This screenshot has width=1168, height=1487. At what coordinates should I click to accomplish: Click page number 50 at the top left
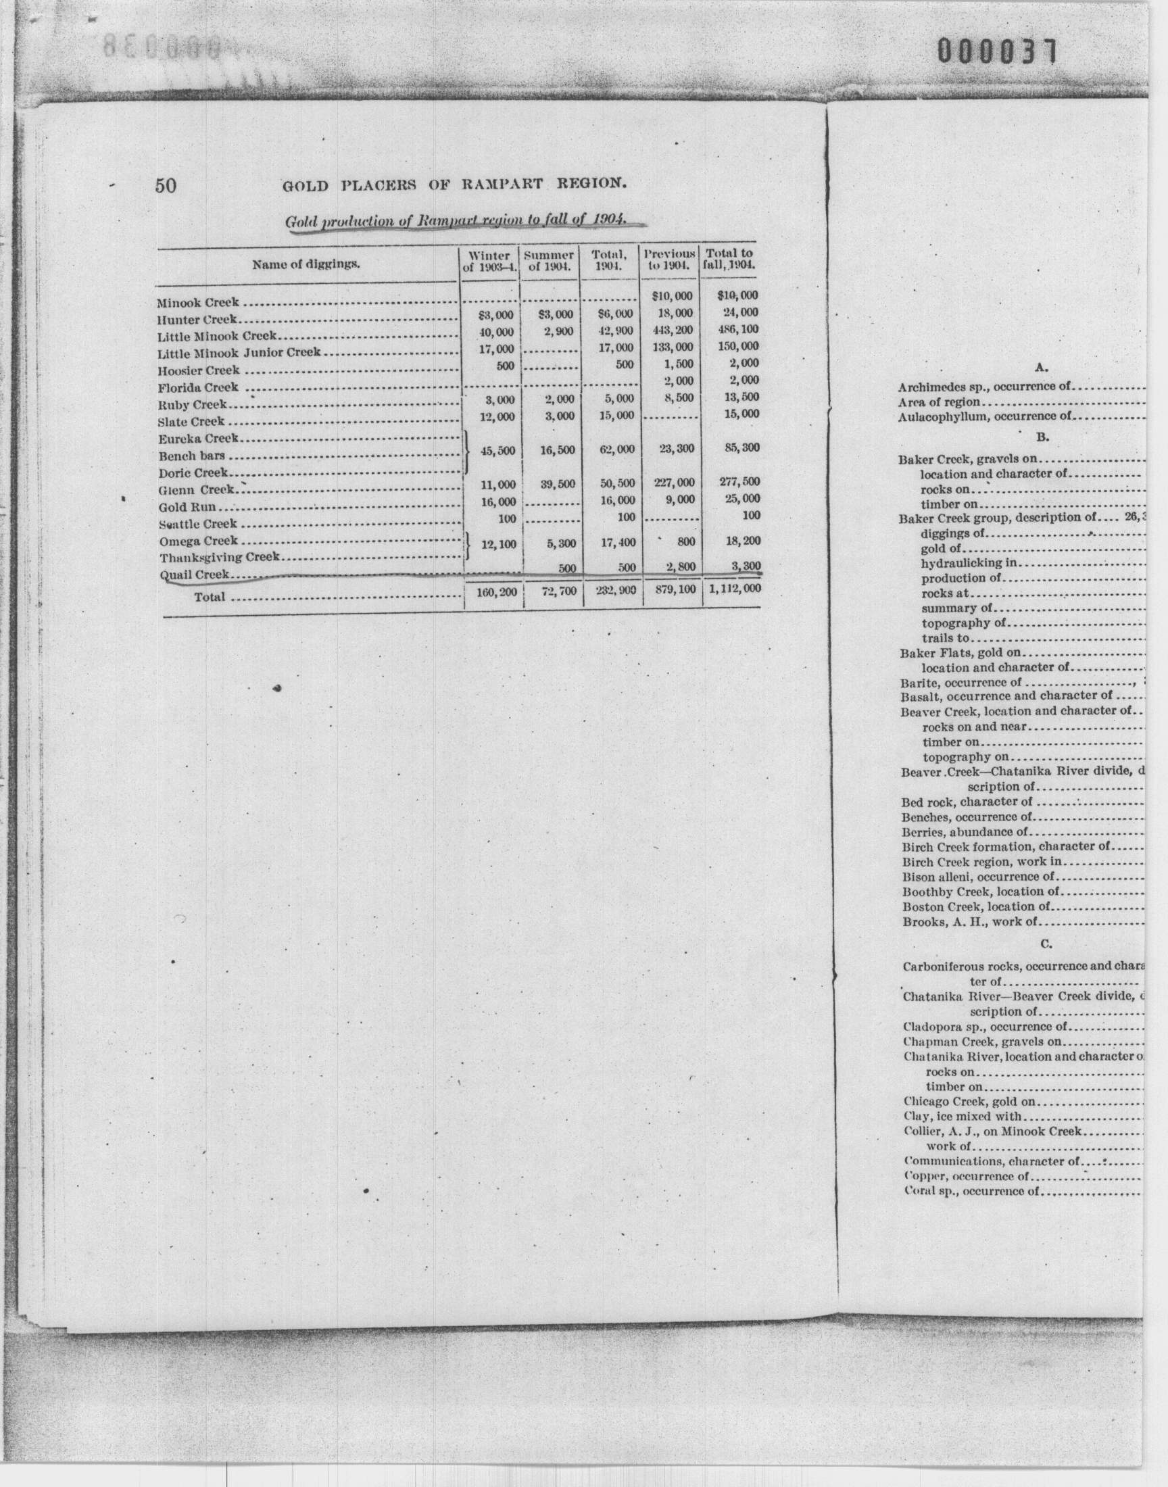click(166, 186)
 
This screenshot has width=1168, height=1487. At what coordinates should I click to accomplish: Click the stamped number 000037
click(997, 52)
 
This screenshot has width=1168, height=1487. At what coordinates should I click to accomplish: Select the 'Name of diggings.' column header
click(306, 265)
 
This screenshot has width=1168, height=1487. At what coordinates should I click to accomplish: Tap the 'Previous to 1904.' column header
click(669, 259)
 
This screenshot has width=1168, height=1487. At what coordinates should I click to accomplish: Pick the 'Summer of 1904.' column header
click(549, 260)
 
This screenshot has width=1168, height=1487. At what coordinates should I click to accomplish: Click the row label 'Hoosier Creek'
click(198, 370)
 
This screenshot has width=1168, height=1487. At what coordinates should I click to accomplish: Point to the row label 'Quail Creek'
click(194, 575)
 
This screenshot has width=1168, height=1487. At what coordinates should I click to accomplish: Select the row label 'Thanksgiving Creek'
click(219, 557)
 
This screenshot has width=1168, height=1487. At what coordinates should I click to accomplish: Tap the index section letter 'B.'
click(1042, 436)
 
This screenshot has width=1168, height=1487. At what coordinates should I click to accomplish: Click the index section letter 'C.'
click(1046, 944)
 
